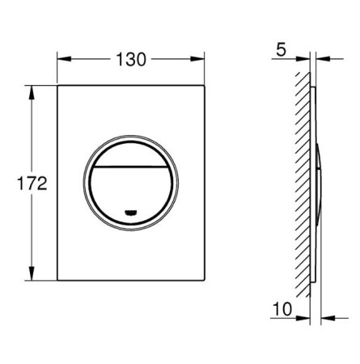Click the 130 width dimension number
(x=131, y=60)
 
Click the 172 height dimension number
(x=32, y=184)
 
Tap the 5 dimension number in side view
(x=281, y=50)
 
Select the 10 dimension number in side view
(x=282, y=309)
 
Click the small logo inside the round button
(x=130, y=213)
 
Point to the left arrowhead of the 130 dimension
(x=64, y=59)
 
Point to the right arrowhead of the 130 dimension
(x=197, y=59)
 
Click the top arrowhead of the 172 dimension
(x=32, y=92)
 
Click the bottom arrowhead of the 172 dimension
(x=32, y=273)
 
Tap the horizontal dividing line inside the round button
(x=131, y=167)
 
